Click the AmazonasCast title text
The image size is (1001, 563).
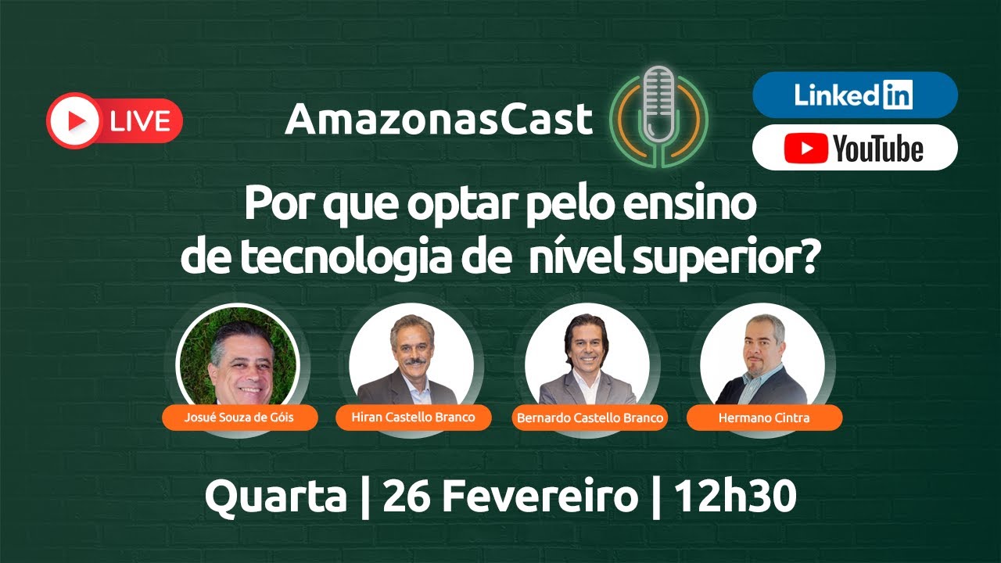[439, 120]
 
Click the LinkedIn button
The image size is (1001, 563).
[854, 95]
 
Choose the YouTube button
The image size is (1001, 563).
[854, 147]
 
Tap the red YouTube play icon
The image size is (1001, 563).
[806, 148]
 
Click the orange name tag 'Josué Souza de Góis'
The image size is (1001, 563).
[239, 418]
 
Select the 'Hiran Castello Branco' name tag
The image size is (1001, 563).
[414, 418]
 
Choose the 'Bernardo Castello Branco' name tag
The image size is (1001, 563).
[590, 418]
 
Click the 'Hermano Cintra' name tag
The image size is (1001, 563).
[764, 418]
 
